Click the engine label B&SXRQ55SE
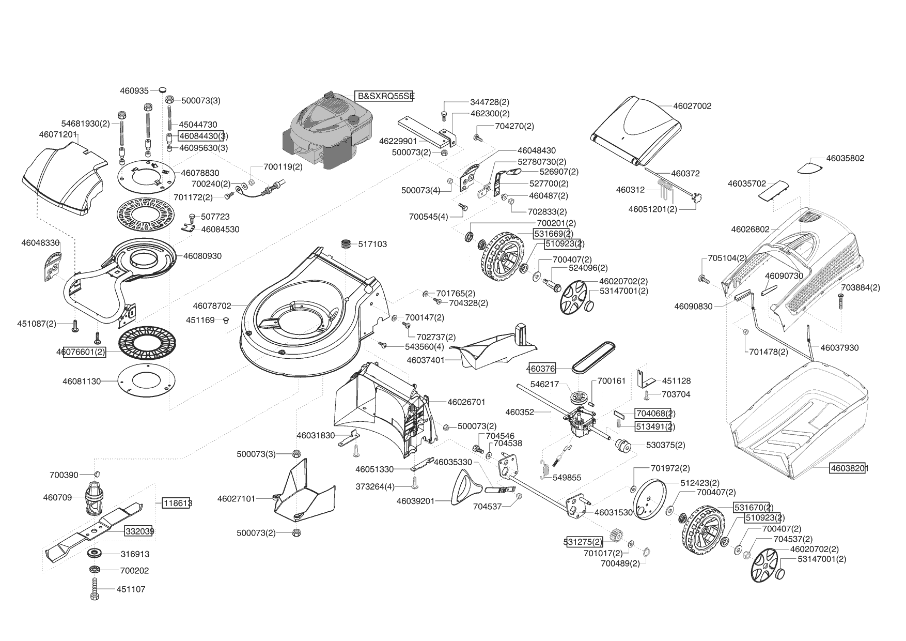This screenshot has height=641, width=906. [385, 96]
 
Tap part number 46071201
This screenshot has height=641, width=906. [58, 134]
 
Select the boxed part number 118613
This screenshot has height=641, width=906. [177, 502]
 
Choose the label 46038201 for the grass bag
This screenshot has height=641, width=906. [849, 469]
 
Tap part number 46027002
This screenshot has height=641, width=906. [692, 106]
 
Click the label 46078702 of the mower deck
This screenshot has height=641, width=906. [212, 306]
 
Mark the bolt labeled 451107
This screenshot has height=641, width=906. [95, 589]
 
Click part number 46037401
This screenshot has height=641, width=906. [426, 360]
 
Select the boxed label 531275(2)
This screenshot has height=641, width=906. [584, 542]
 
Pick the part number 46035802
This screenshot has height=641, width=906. [845, 158]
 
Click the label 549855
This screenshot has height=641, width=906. [567, 478]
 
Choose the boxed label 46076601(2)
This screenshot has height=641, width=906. [84, 352]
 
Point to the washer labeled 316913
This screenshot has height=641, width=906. [95, 553]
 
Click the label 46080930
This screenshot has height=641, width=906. [202, 256]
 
